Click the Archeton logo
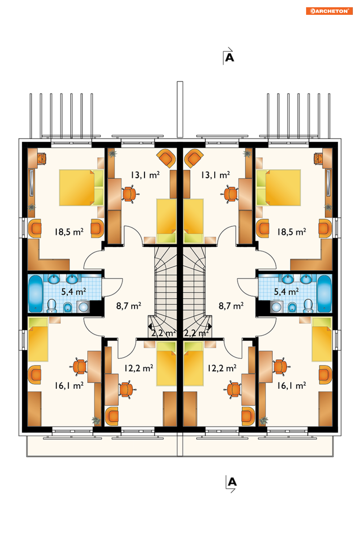coord(329,11)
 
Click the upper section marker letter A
coord(229,58)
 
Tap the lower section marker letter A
coord(232,482)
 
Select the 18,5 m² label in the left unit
coord(69,232)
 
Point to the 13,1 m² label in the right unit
coord(216,175)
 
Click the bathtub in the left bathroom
coord(35,293)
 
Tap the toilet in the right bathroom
coord(308,306)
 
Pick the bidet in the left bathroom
coord(68,307)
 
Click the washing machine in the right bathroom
coord(276,307)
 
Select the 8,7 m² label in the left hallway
coord(128,306)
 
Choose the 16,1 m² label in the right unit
coord(291,386)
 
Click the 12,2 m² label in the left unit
coord(139,368)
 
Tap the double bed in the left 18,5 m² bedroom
coord(81,188)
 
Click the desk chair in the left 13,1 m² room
coord(130,194)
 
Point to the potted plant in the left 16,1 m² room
coord(97,420)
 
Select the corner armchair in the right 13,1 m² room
coord(193,158)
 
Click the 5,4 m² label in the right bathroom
coord(286,292)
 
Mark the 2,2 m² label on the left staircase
coord(164,333)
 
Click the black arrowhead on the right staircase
coord(210,327)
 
